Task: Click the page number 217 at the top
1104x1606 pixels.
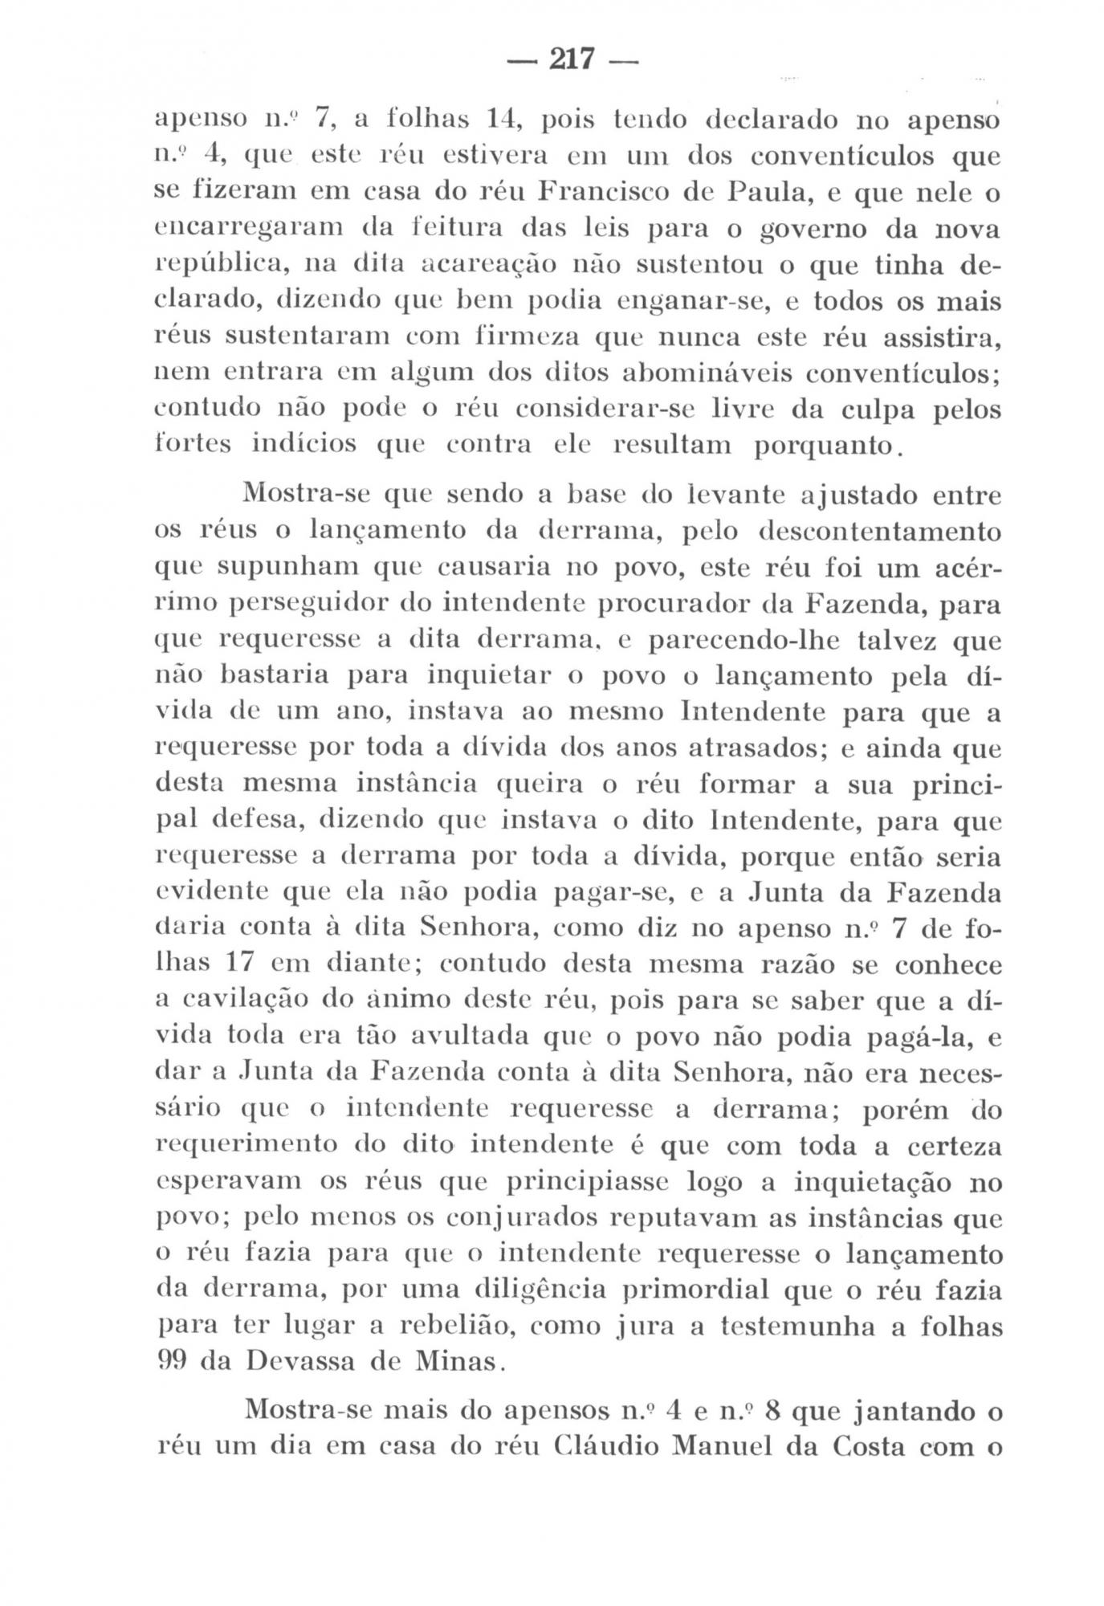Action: coord(571,58)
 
